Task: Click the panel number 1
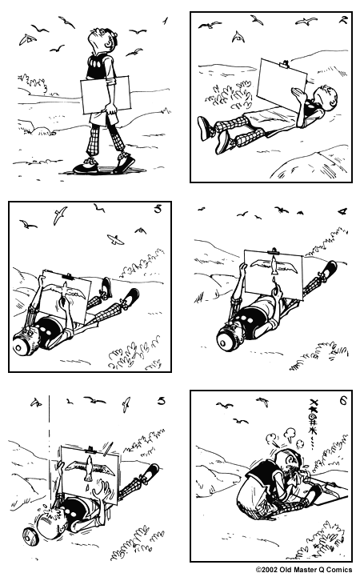(x=164, y=20)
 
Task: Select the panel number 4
(x=342, y=212)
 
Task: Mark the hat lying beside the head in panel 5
(x=31, y=532)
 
